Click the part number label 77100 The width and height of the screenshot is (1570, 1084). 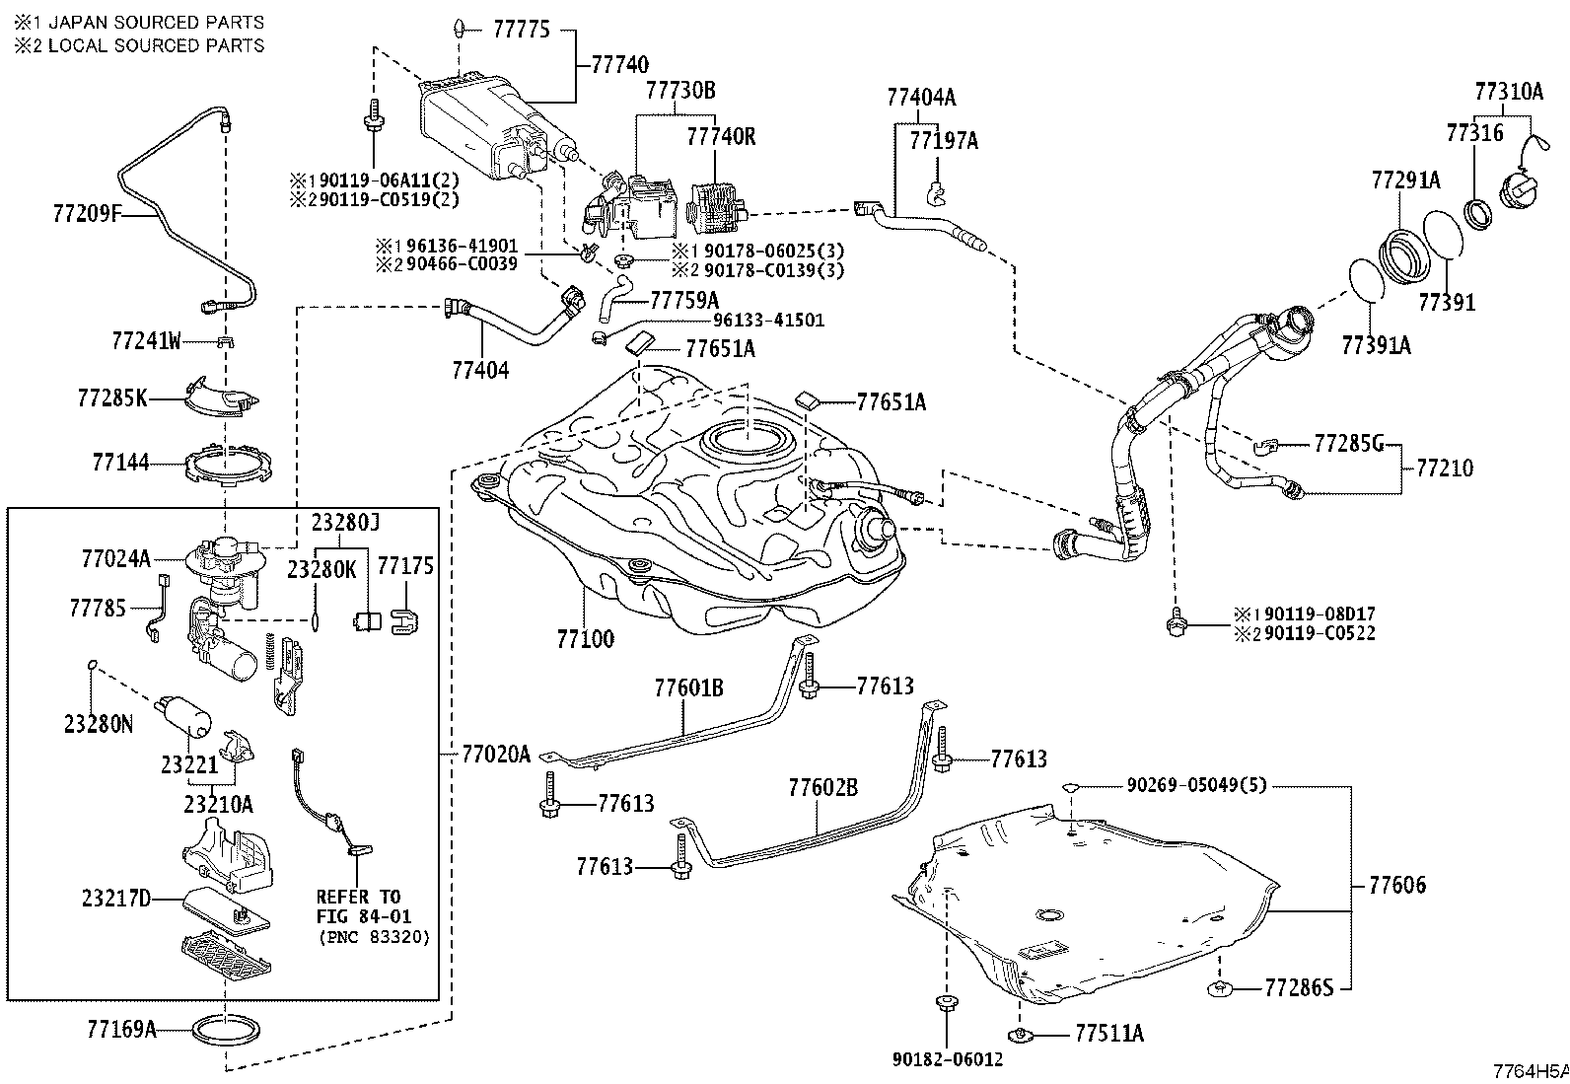click(585, 639)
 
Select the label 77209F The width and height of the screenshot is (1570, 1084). click(87, 213)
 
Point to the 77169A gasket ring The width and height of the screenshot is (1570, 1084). click(226, 1030)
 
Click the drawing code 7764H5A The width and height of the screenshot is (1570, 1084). click(1531, 1070)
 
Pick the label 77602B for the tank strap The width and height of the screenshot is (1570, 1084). click(822, 787)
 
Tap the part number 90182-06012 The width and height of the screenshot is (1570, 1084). click(948, 1059)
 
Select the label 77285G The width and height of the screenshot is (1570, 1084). click(1348, 443)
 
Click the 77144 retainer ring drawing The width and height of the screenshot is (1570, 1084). click(228, 465)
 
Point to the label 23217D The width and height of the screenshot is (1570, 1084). click(116, 899)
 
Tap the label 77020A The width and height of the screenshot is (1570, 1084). click(496, 755)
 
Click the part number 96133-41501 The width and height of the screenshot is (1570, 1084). click(768, 321)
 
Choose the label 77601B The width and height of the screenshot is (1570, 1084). click(689, 687)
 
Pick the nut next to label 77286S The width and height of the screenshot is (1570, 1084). click(1220, 988)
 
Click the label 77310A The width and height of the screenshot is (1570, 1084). click(1509, 91)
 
